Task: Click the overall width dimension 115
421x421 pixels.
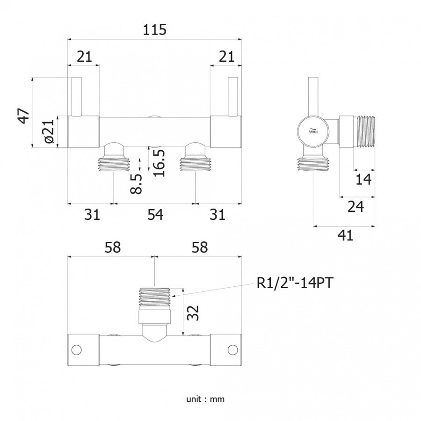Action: click(154, 29)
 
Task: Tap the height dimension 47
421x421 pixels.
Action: click(24, 116)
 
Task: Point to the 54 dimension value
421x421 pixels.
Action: click(155, 215)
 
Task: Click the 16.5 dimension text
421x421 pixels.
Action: click(159, 163)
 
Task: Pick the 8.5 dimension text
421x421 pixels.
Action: click(136, 184)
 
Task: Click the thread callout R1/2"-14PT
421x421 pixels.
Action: click(295, 283)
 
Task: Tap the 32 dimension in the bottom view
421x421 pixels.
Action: click(193, 313)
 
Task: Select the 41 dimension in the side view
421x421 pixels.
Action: click(345, 235)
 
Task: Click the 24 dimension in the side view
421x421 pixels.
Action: click(356, 206)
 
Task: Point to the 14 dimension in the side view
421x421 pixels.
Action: click(363, 179)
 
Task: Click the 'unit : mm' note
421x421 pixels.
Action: click(205, 399)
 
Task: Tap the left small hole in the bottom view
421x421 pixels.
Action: click(77, 350)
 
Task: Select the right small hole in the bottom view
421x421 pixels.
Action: click(232, 350)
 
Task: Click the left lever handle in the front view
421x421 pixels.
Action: click(77, 97)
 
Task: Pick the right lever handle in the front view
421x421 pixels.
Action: click(232, 97)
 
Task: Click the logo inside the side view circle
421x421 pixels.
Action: click(313, 130)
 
